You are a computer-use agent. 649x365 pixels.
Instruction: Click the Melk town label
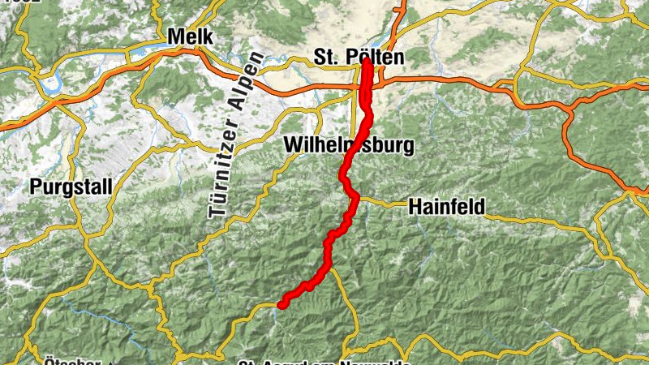(189, 36)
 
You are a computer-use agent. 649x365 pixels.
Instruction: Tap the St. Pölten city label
(358, 58)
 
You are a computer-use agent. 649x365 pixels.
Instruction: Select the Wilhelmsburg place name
(349, 146)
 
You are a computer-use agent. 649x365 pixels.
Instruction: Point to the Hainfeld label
(448, 207)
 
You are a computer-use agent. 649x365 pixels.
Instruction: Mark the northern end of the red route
(367, 62)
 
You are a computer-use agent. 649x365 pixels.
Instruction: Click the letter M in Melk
(174, 36)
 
